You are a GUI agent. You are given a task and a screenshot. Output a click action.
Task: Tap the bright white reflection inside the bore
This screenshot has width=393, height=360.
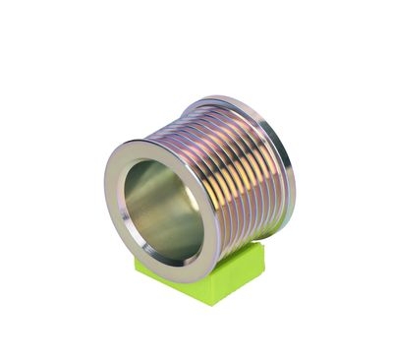(x=192, y=198)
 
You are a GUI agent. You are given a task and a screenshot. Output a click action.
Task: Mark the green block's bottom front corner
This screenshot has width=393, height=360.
(x=212, y=304)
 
